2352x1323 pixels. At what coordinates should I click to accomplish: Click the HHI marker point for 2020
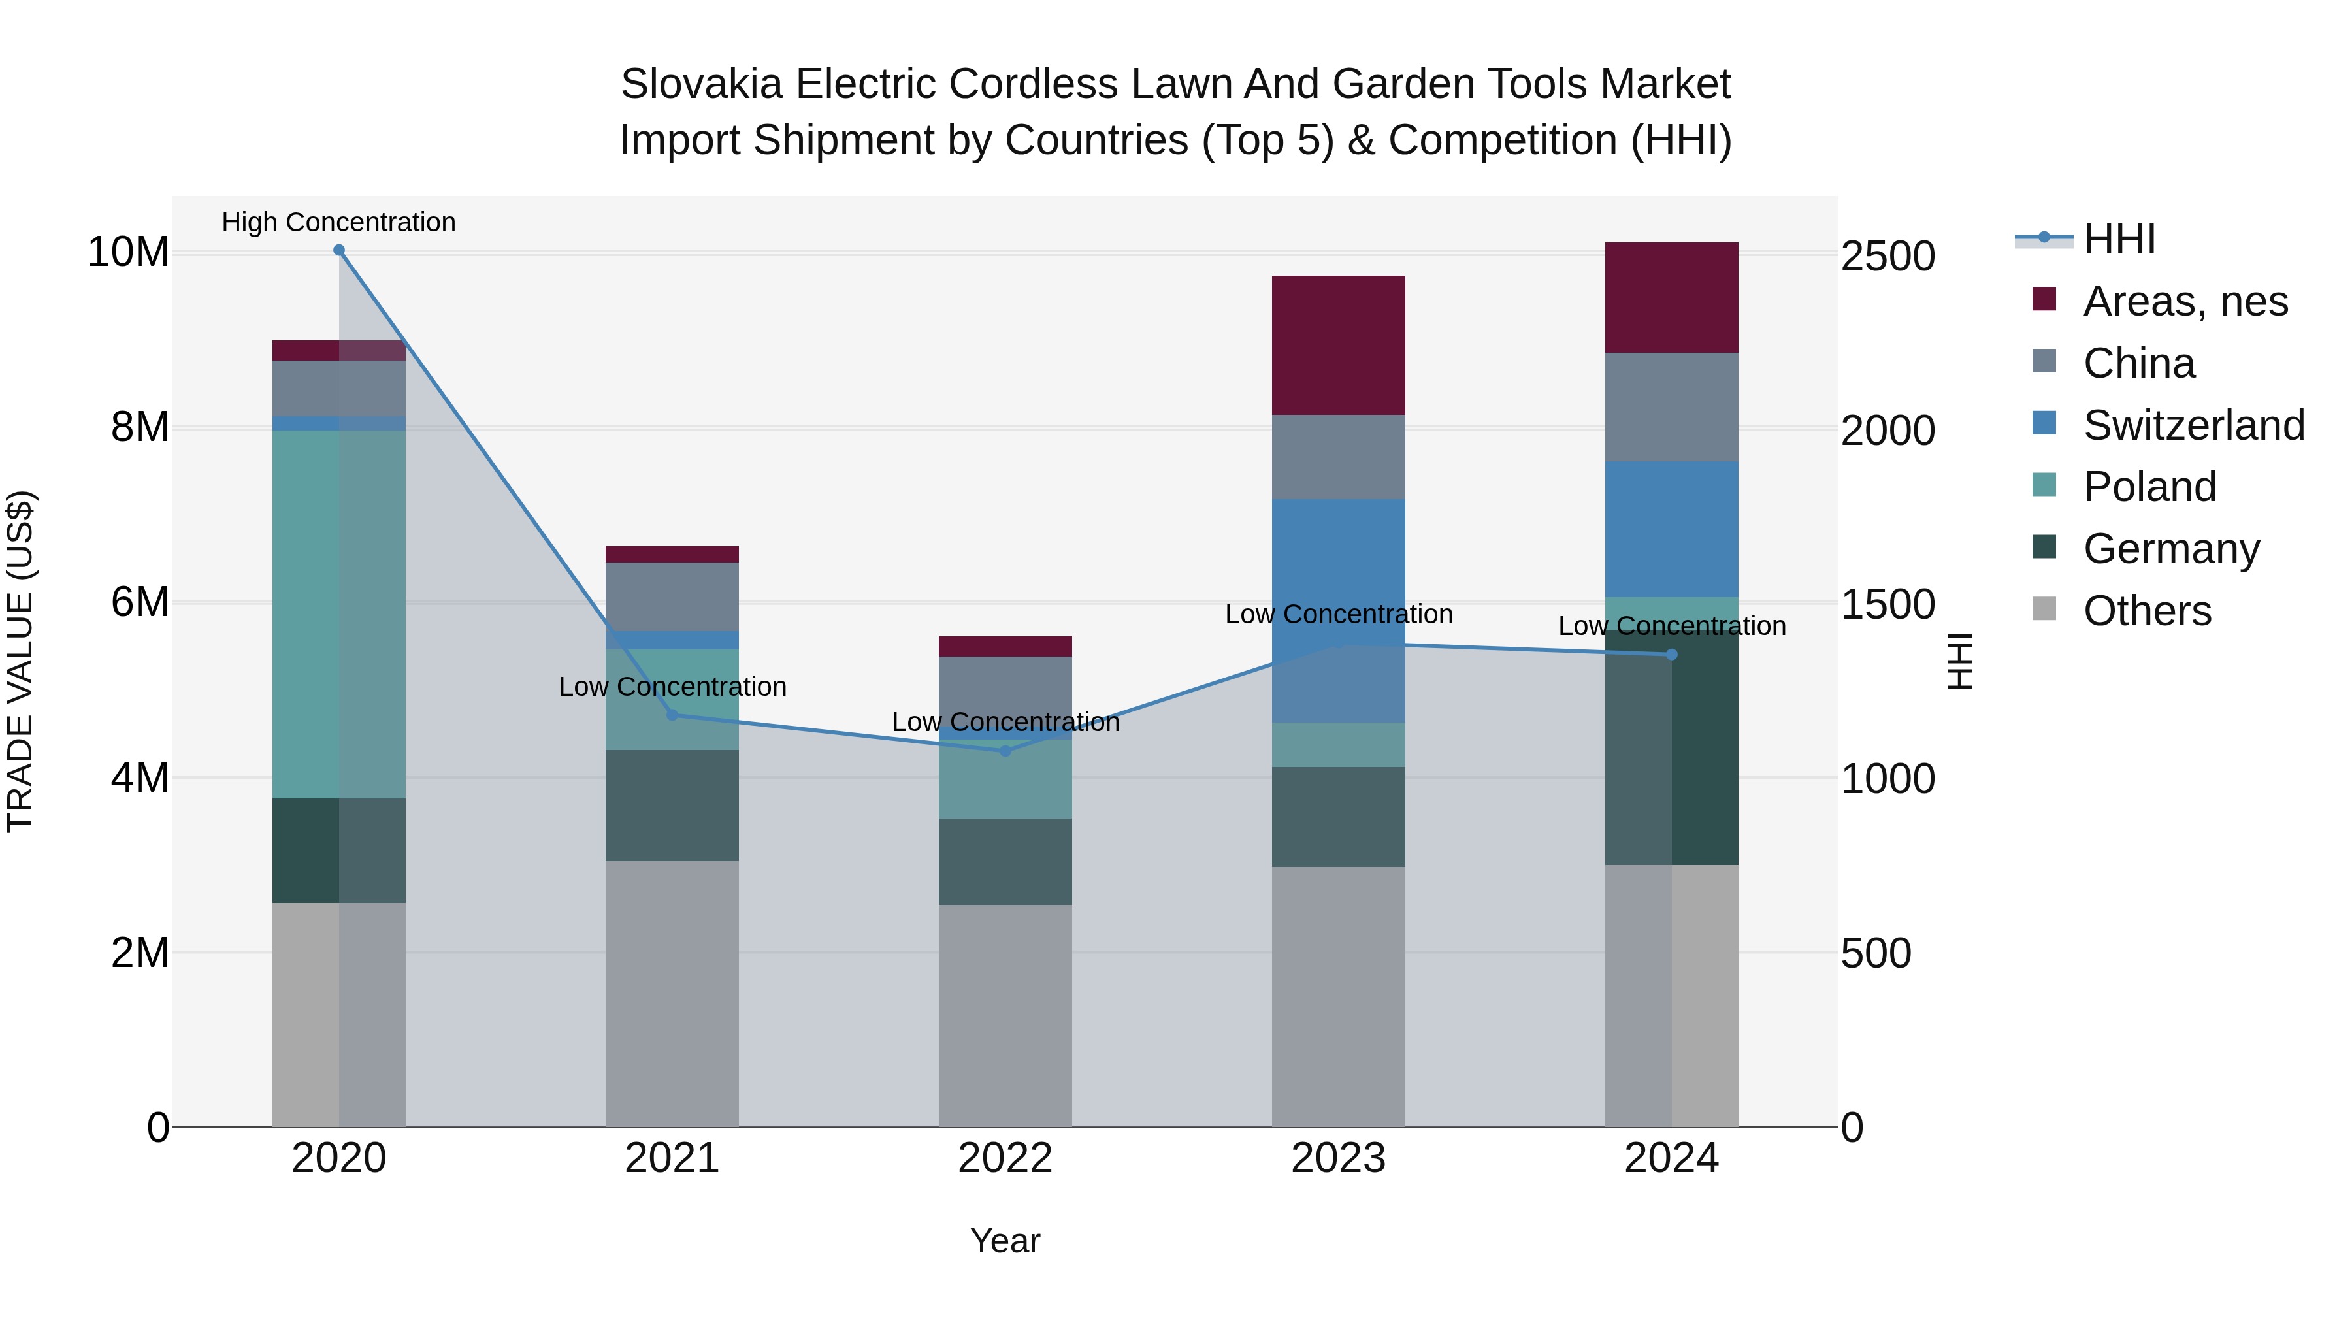coord(338,250)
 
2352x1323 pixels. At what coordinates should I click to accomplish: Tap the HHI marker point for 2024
coord(1672,655)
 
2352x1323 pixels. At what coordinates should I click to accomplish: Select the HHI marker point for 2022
coord(1005,751)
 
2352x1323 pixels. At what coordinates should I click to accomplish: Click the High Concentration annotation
coord(338,223)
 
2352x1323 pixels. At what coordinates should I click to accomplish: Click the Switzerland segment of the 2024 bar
coord(1672,530)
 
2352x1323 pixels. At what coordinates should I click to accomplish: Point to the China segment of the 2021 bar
coord(672,596)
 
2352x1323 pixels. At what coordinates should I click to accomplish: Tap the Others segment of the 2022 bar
coord(1005,1015)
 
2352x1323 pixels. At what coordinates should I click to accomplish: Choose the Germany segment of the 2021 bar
coord(672,806)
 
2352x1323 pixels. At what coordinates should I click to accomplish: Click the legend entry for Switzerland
coord(2193,425)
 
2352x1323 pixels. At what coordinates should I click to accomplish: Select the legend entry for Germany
coord(2170,549)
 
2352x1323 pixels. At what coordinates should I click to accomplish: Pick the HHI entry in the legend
coord(2118,239)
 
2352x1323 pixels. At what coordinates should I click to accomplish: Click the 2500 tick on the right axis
coord(1886,257)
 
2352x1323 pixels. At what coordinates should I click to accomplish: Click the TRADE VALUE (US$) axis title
coord(20,661)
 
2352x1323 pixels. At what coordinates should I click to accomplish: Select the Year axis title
coord(1005,1241)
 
